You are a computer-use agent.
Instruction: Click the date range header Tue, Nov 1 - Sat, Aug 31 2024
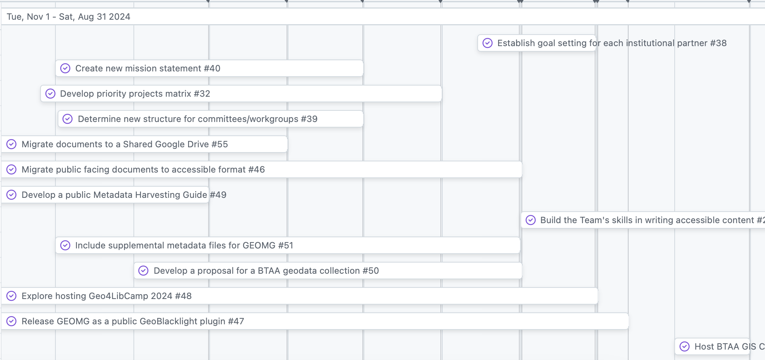point(68,17)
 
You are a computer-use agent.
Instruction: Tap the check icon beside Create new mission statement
point(65,68)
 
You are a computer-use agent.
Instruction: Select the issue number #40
point(212,68)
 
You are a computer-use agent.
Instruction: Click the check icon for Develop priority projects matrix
point(50,94)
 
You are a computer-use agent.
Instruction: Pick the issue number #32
point(202,94)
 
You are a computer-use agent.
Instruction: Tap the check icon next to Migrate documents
point(12,144)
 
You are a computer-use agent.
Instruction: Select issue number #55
point(219,144)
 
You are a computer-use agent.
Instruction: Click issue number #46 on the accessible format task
point(256,170)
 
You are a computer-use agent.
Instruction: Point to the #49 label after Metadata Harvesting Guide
point(218,195)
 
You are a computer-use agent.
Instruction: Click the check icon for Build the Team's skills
point(530,220)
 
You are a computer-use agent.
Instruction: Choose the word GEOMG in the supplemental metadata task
point(259,245)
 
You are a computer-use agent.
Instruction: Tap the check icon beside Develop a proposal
point(143,271)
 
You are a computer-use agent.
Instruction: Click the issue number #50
point(371,271)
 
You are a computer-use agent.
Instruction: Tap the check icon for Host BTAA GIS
point(684,347)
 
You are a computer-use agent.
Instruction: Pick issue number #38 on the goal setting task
point(718,43)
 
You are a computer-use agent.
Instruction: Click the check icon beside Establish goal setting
point(487,43)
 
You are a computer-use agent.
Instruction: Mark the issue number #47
point(236,321)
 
